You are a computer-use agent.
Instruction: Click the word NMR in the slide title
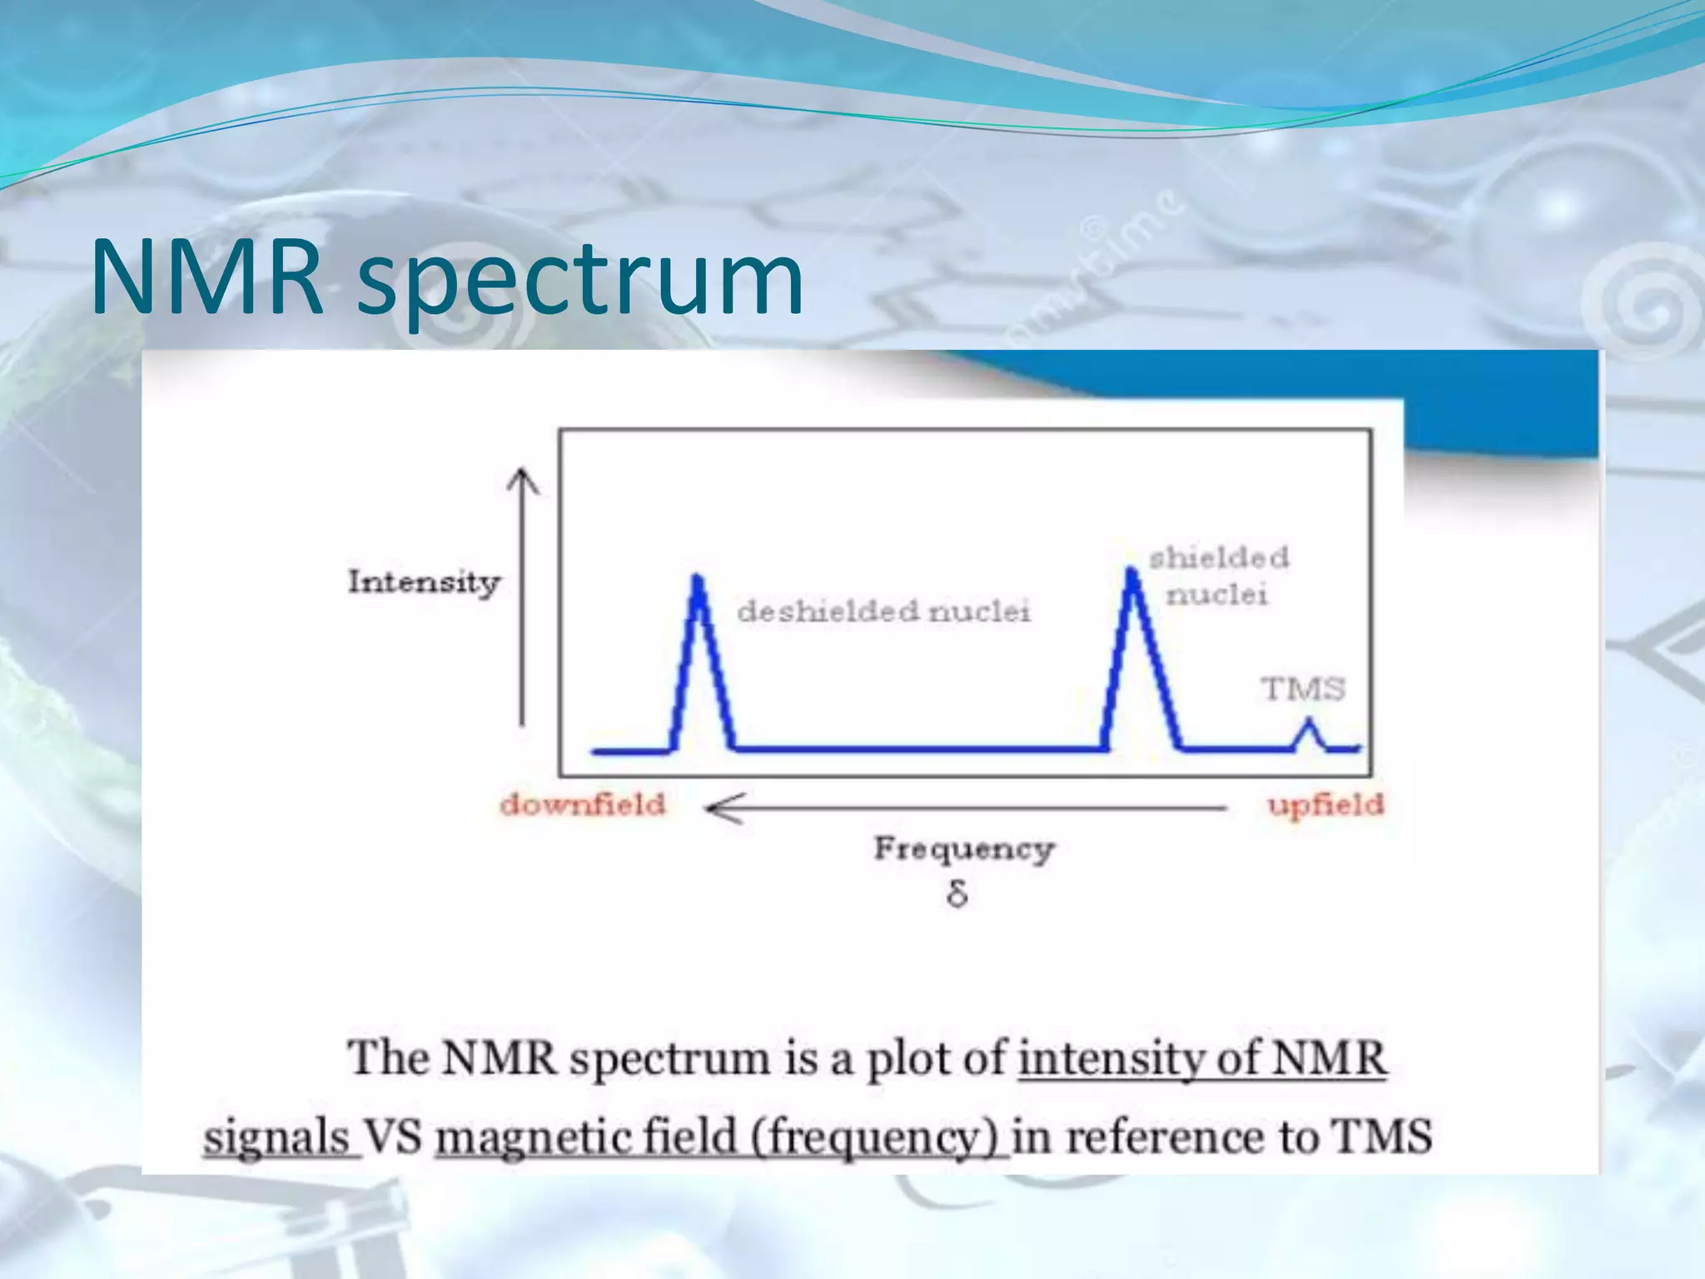[x=206, y=276]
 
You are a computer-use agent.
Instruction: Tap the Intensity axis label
[x=424, y=582]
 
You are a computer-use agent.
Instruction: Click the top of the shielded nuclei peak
[x=1131, y=571]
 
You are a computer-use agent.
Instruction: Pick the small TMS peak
[x=1308, y=723]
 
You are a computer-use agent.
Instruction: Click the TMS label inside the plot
[x=1303, y=689]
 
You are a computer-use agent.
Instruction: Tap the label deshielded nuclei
[x=883, y=612]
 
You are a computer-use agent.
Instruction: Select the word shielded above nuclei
[x=1219, y=558]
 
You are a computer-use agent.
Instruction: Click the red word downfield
[x=583, y=805]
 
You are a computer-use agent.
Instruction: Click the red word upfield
[x=1325, y=805]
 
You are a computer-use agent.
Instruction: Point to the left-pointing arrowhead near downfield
[x=716, y=808]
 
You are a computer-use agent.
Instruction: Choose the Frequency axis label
[x=963, y=849]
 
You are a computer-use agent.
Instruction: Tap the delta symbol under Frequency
[x=957, y=895]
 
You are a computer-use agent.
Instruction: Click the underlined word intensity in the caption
[x=1112, y=1059]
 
